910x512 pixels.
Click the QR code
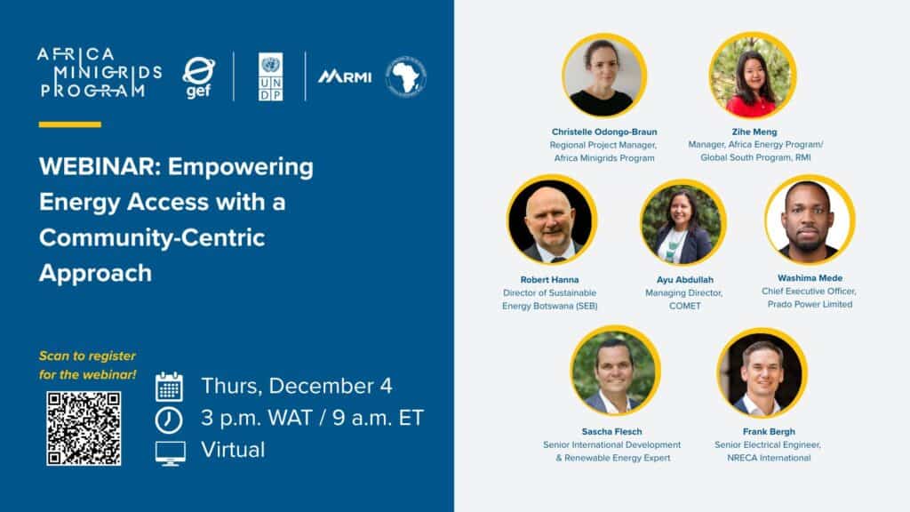coord(83,428)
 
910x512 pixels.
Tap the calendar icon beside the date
coord(169,387)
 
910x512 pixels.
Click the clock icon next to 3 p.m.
coord(169,419)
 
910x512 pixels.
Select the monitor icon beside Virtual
coord(170,452)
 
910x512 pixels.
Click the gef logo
coord(198,77)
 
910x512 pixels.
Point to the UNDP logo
coord(270,76)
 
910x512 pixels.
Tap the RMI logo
coord(345,76)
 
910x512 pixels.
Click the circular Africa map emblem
coord(405,76)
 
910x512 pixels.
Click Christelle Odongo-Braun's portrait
coord(604,76)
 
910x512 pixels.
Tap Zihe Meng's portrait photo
coord(753,76)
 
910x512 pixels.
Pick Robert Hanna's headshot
coord(552,220)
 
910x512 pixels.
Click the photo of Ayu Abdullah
coord(682,223)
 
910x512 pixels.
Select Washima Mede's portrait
coord(809,220)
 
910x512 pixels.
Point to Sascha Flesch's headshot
coord(615,371)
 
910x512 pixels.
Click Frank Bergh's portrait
coord(762,372)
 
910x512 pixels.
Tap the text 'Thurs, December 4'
coord(297,387)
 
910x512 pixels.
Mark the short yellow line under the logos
coord(70,124)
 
